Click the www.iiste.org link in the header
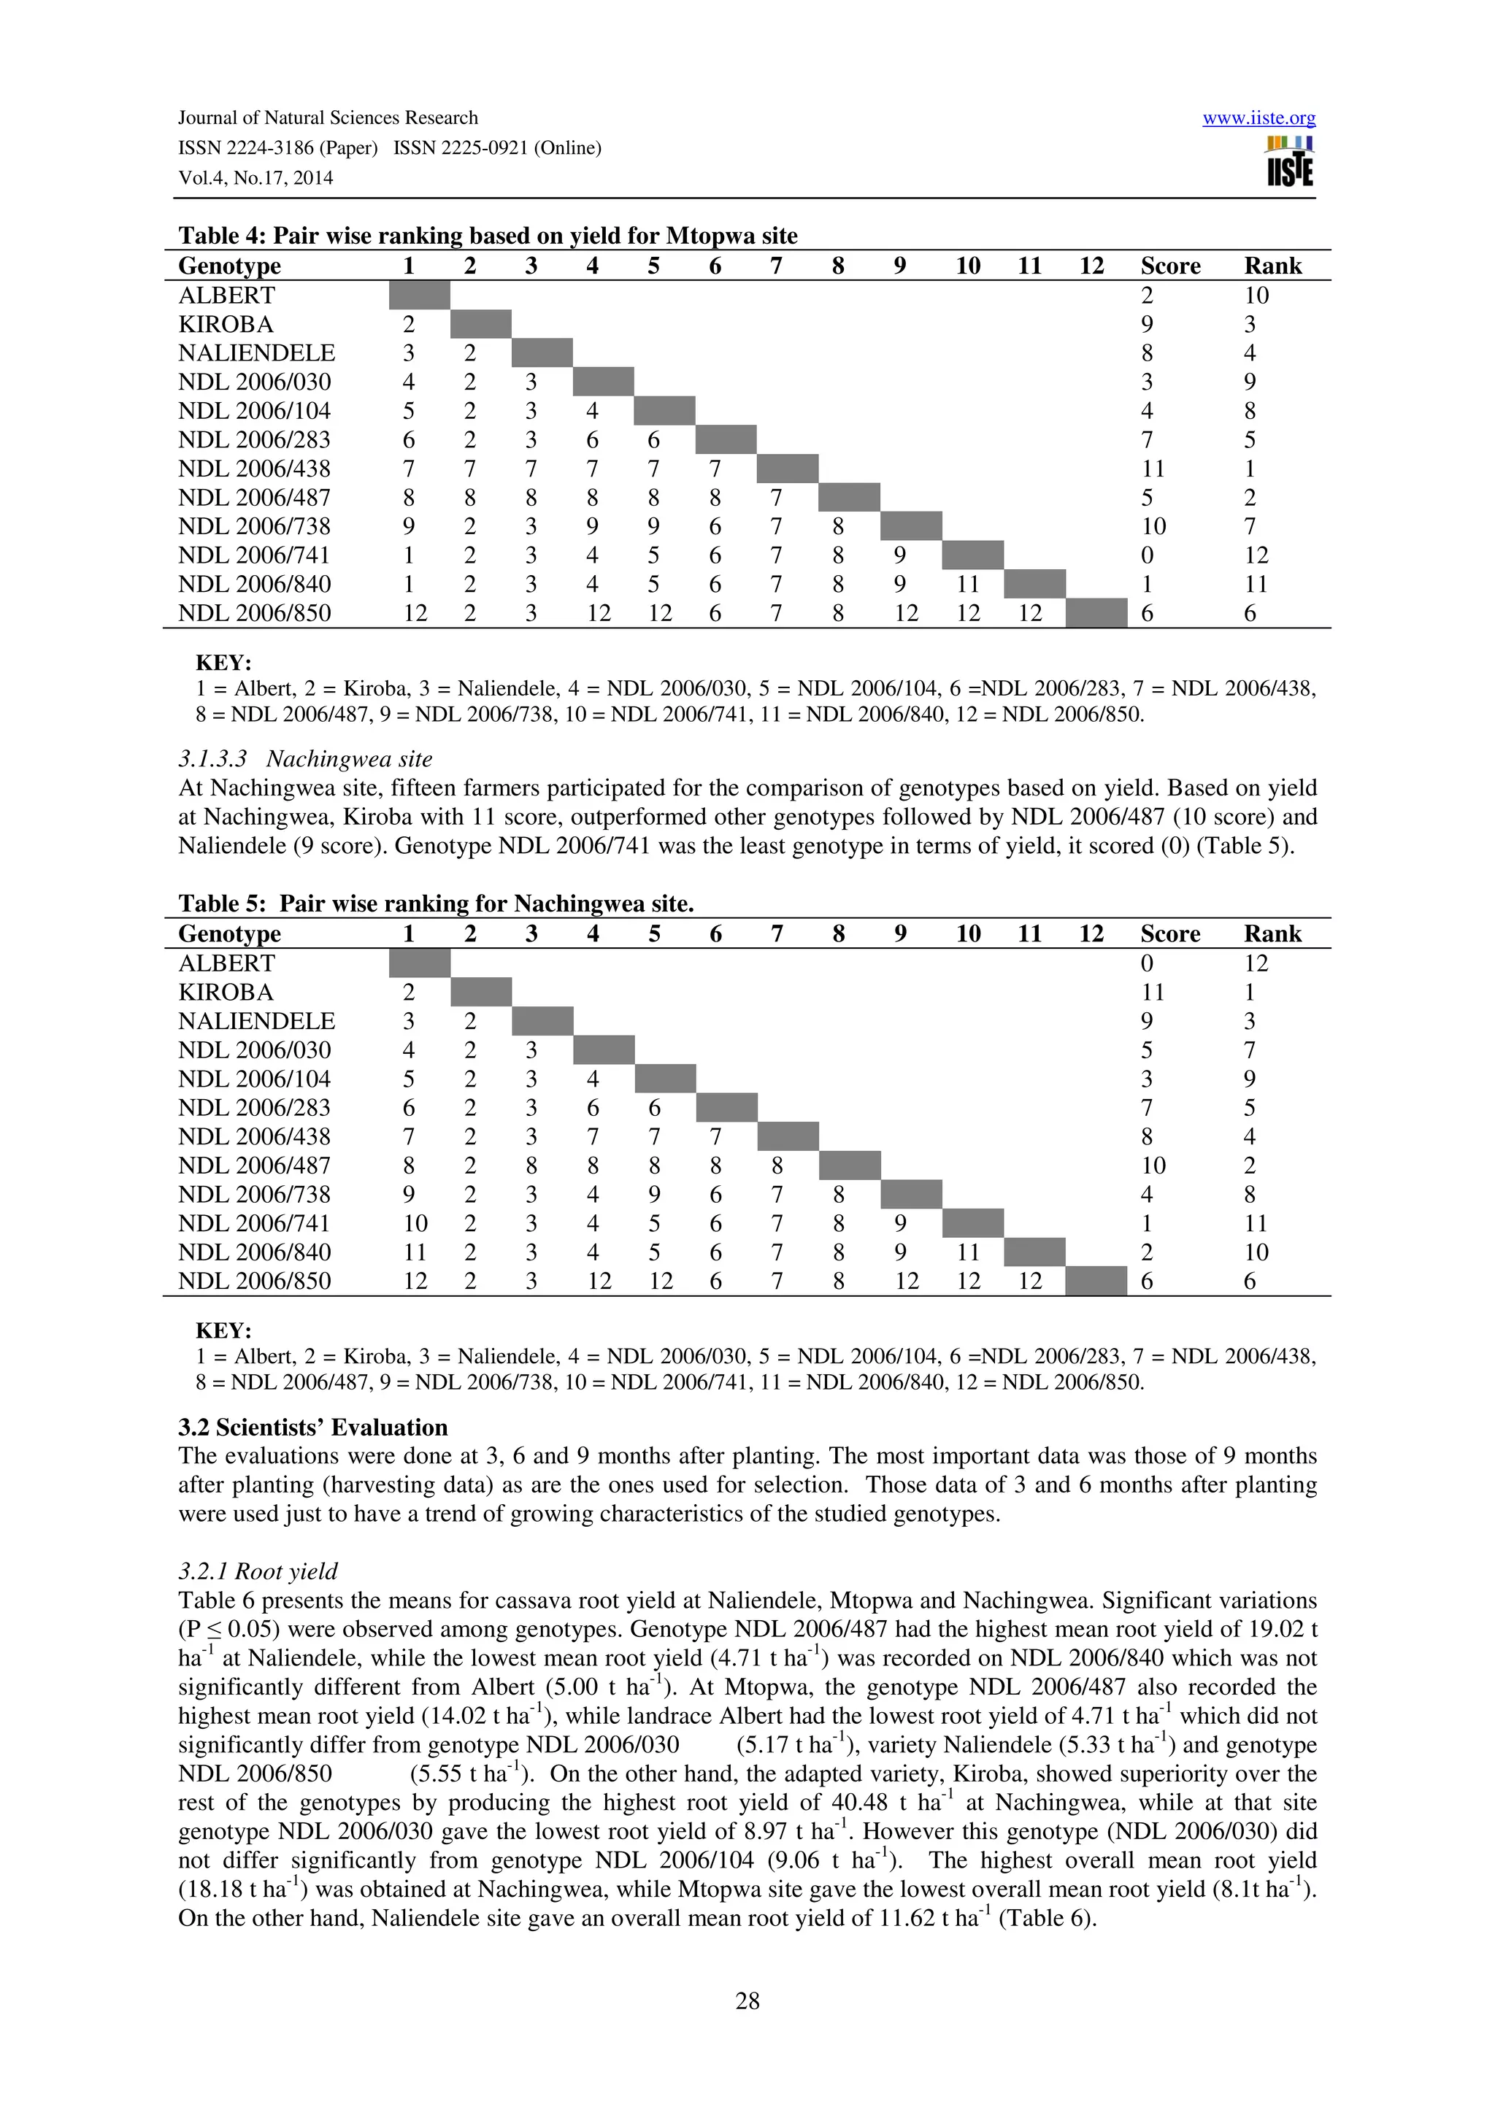coord(1258,118)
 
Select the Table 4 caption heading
coord(488,236)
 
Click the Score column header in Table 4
coord(1170,266)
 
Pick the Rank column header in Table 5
coord(1272,934)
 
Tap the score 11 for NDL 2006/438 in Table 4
coord(1153,469)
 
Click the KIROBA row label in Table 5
coord(226,992)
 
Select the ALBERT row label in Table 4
coord(226,296)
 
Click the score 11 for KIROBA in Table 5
coord(1153,992)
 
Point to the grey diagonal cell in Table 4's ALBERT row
coord(419,296)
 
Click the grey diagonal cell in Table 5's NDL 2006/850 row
coord(1096,1282)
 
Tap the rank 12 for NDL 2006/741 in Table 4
coord(1256,555)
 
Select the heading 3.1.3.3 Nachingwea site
coord(305,759)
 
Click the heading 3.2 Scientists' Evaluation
coord(312,1428)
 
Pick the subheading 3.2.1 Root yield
coord(258,1571)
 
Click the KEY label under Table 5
coord(223,1331)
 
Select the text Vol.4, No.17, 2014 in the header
coord(255,179)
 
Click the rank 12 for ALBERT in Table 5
coord(1256,963)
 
